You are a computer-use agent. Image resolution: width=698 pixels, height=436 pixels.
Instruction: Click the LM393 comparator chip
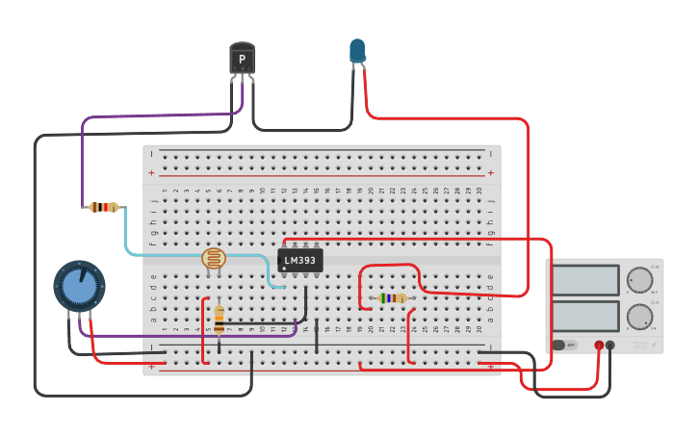[x=300, y=261]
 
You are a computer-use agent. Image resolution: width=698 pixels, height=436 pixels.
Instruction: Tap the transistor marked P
[x=242, y=59]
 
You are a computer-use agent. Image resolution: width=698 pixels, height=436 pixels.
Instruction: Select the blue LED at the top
[x=357, y=51]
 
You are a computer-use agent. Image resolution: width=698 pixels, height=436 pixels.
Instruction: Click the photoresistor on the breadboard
[x=213, y=258]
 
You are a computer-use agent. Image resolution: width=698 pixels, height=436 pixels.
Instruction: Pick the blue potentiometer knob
[x=79, y=286]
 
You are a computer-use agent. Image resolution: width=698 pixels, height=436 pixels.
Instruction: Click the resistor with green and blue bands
[x=392, y=298]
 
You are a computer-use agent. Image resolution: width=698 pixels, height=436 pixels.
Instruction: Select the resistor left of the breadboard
[x=103, y=207]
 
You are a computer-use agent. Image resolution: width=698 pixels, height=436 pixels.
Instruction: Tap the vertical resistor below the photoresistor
[x=219, y=319]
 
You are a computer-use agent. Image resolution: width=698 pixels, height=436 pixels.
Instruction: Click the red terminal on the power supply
[x=599, y=345]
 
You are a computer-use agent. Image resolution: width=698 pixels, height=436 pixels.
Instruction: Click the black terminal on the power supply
[x=610, y=345]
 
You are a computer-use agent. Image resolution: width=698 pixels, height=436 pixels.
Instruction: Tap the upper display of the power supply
[x=585, y=280]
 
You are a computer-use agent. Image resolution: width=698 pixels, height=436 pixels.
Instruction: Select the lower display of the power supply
[x=585, y=315]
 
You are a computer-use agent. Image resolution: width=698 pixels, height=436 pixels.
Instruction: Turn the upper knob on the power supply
[x=639, y=280]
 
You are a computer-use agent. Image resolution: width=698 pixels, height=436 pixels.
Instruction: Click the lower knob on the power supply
[x=639, y=316]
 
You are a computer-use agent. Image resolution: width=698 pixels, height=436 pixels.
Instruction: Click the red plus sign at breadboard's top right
[x=490, y=173]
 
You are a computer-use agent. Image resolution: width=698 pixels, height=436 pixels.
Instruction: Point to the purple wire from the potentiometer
[x=193, y=336]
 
